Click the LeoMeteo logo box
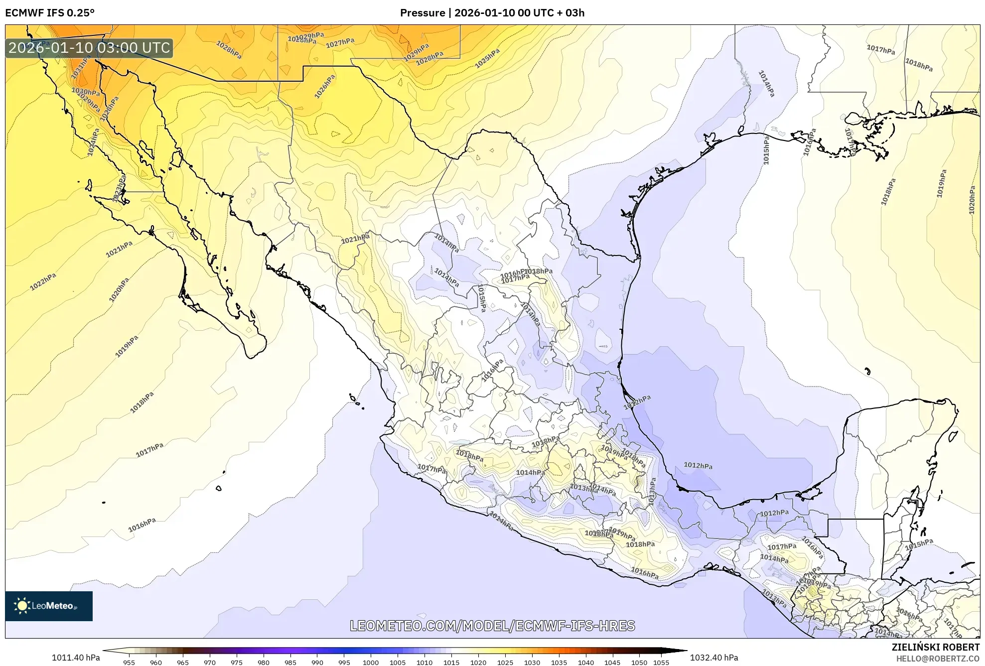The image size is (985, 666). coord(49,606)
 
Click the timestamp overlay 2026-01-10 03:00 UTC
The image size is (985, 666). coord(89,48)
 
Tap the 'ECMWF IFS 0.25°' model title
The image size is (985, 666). coord(50,13)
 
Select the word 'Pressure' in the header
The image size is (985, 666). coord(422,13)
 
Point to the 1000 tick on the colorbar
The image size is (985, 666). coord(371,662)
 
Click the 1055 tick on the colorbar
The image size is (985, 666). coord(661,662)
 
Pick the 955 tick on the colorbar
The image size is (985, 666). coord(129,662)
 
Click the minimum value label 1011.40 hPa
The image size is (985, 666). coord(76,658)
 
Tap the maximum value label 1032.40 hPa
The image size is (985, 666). coord(714,658)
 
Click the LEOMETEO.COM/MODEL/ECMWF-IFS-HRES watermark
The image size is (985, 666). coord(492,626)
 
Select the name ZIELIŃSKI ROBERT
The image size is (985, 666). coord(935,647)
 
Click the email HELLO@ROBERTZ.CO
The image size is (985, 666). coord(938,659)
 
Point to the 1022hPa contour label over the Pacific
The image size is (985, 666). coord(43,282)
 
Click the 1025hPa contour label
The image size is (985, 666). coord(487,59)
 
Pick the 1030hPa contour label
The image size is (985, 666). coord(85,92)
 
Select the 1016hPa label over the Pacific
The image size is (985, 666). coord(142,525)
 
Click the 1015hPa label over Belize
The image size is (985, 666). coord(919,544)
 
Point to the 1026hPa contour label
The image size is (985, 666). coord(325,87)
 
